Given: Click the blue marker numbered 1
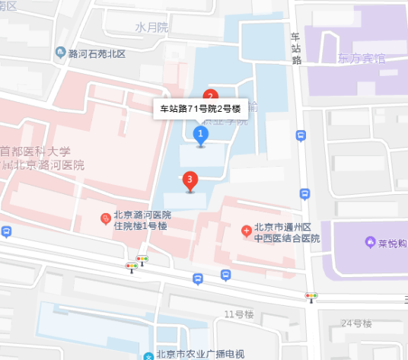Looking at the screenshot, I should (201, 135).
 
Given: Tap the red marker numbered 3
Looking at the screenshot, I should (190, 180).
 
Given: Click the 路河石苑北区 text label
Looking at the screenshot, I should (97, 53).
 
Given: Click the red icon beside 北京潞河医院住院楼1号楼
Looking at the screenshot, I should (106, 219).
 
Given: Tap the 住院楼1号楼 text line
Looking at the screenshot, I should (140, 226).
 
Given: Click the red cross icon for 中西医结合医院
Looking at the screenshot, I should (246, 230).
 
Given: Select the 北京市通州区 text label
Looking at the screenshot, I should (283, 227).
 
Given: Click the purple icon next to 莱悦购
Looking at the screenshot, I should (370, 244).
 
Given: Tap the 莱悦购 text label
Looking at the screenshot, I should (393, 244).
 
